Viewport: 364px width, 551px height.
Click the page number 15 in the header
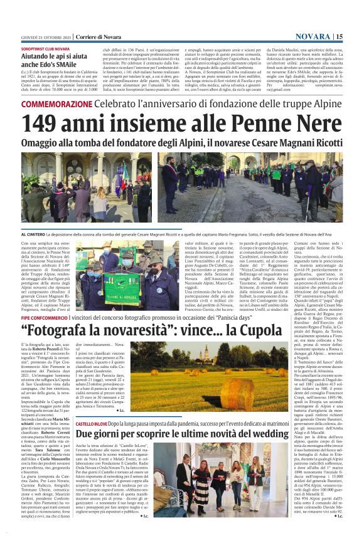[x=340, y=37]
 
